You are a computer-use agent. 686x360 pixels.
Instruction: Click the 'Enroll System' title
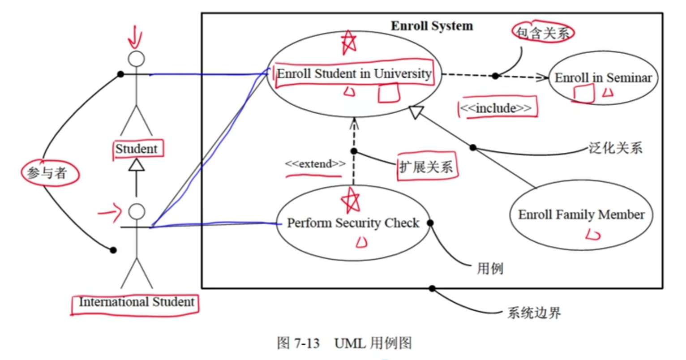(432, 26)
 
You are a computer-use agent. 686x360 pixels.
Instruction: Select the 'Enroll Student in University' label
(354, 73)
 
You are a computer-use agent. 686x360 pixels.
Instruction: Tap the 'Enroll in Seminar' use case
(603, 78)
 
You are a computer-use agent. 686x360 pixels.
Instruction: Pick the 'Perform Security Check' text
(353, 223)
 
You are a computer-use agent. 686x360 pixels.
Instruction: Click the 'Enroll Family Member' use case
(581, 215)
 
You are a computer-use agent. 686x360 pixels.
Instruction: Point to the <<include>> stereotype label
(496, 108)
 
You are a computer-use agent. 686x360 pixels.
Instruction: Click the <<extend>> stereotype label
(315, 164)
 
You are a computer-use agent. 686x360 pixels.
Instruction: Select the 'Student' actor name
(137, 149)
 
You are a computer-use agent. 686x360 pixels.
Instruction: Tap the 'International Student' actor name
(136, 302)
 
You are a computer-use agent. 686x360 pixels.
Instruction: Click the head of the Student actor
(136, 59)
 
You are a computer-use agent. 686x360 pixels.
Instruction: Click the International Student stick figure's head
(136, 211)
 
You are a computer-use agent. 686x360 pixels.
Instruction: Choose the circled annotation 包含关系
(543, 33)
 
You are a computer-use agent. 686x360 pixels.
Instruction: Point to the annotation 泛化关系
(615, 148)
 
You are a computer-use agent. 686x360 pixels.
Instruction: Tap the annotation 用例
(490, 269)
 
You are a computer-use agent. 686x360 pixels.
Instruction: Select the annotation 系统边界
(534, 313)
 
